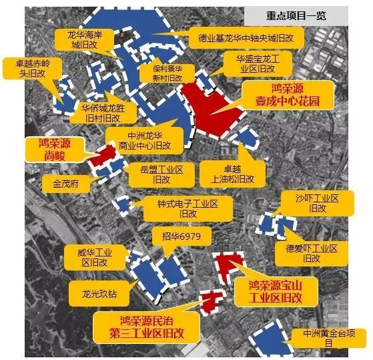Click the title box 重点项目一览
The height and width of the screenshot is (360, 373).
pos(295,15)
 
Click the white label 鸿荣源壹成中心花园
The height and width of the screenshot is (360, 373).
pos(288,96)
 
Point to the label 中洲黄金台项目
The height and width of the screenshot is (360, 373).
pos(327,337)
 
